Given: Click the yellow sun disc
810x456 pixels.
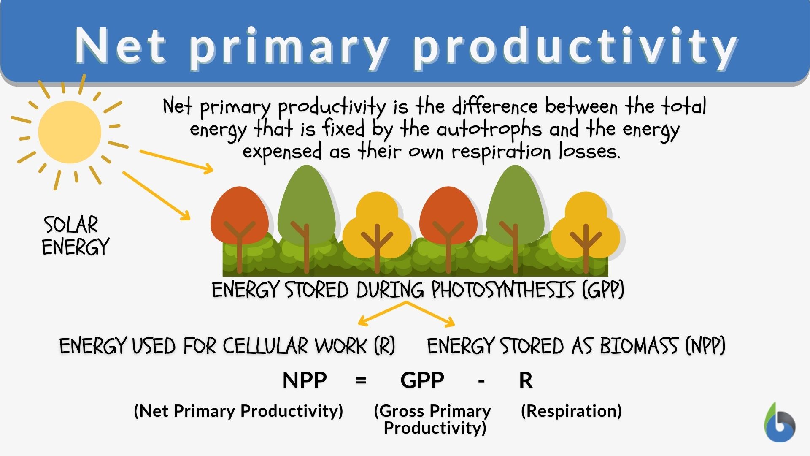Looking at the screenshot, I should [70, 132].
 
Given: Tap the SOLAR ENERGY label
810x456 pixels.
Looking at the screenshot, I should [75, 236].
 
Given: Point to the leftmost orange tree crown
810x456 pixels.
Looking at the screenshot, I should [239, 215].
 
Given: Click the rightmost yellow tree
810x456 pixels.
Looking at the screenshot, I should [586, 228].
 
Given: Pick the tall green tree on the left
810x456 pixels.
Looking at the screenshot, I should [307, 203].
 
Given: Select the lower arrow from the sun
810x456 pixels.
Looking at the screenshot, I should [156, 195].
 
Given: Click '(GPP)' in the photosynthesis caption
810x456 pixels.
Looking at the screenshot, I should [603, 290].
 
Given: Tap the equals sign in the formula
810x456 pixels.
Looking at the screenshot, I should [361, 381].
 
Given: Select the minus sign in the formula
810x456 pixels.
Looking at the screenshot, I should [481, 381].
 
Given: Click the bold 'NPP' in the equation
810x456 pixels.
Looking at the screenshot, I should [305, 380].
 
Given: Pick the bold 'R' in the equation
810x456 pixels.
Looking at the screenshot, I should [526, 380].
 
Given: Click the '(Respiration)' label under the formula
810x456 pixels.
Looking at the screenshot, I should [571, 411].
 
